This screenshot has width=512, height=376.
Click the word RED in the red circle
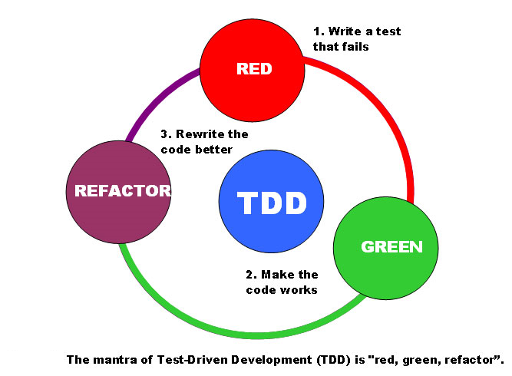[x=254, y=69]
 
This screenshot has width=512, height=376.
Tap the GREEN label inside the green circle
[x=391, y=246]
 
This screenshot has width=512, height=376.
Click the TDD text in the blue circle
[x=272, y=203]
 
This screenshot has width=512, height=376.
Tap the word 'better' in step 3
[x=213, y=149]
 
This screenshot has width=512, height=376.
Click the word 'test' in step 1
[x=386, y=31]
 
